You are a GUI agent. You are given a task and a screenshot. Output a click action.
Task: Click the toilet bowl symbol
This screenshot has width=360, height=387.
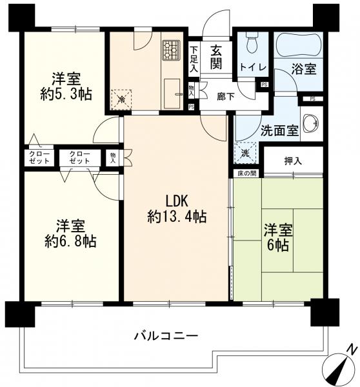tap(252, 44)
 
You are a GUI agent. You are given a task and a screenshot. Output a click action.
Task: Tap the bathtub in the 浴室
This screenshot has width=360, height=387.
tap(299, 45)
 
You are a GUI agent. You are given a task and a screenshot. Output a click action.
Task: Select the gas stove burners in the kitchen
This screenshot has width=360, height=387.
tap(171, 50)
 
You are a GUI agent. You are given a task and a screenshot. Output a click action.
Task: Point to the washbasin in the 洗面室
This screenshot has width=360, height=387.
tap(310, 123)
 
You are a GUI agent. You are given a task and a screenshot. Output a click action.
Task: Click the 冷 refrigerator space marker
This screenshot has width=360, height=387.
tap(121, 99)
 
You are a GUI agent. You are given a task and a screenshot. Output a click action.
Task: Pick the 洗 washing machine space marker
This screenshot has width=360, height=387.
tap(245, 153)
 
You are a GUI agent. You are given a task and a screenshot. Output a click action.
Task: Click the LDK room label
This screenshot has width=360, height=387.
tap(177, 201)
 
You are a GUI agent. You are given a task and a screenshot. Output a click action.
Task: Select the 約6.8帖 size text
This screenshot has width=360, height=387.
tap(70, 241)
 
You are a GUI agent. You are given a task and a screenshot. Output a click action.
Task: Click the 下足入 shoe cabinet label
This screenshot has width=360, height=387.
tap(194, 59)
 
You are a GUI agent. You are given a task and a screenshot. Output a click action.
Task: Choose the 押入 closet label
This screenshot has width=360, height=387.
tap(293, 161)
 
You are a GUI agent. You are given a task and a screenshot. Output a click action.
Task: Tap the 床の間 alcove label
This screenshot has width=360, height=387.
tap(247, 174)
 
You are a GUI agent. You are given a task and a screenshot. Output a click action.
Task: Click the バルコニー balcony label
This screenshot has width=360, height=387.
tap(166, 336)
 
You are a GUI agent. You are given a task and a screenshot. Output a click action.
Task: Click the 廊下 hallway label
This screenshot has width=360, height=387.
tap(226, 97)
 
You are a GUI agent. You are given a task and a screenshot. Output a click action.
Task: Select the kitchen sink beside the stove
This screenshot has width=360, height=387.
tap(172, 94)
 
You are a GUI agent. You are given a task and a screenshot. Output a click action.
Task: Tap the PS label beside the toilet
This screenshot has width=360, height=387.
tap(265, 84)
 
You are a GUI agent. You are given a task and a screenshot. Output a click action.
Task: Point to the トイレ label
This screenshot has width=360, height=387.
tap(253, 67)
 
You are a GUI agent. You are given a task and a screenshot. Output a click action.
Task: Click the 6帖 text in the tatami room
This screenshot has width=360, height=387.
tap(278, 245)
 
